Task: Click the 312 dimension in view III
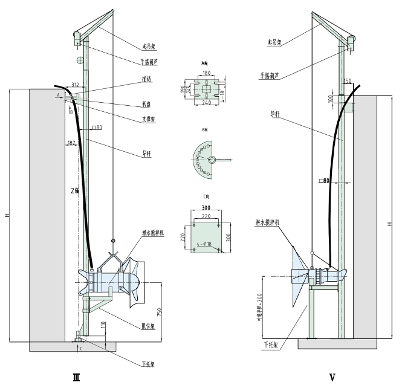coord(75,85)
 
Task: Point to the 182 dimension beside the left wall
coord(72,143)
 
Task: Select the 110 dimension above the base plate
coord(103,327)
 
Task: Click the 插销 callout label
coord(146,79)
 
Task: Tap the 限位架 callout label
coord(148,326)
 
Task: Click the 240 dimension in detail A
coord(206,103)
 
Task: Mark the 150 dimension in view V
coord(347,80)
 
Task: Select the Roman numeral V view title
coord(332,378)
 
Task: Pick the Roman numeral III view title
coord(76,378)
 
